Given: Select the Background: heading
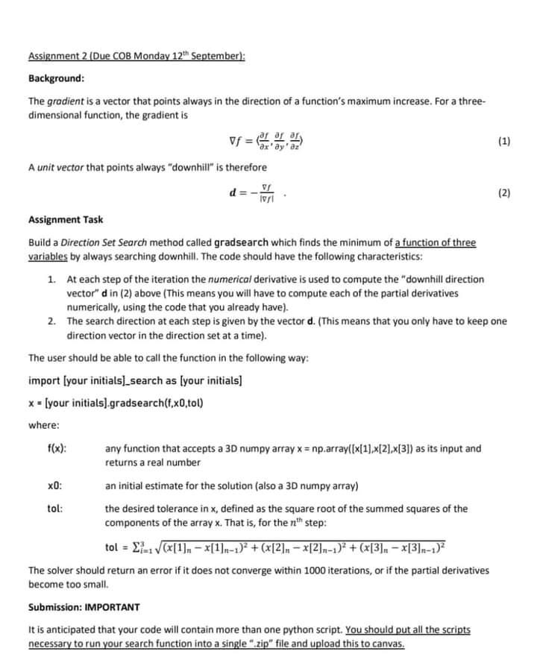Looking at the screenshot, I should pos(56,78).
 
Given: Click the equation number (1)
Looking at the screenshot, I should pos(503,141).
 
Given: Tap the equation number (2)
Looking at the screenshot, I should pos(503,192).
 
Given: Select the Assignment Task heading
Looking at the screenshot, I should pos(66,219).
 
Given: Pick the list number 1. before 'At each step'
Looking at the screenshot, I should pos(51,279).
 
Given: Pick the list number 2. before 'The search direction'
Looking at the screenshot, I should pos(51,321).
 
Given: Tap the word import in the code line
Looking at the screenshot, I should pos(44,381).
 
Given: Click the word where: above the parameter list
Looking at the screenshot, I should pos(42,425).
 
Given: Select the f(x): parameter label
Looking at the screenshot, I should pos(57,449).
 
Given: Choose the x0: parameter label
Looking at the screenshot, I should pos(54,486).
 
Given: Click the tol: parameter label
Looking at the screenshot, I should pos(54,509).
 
